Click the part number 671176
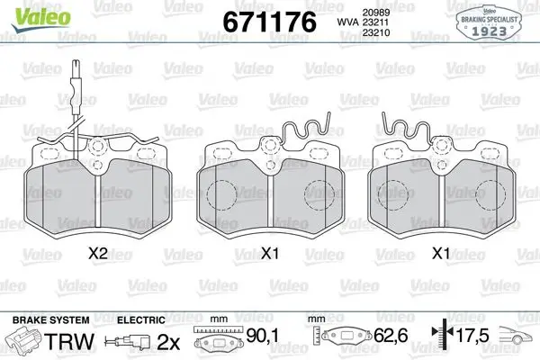pyautogui.click(x=269, y=22)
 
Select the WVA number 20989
pyautogui.click(x=375, y=13)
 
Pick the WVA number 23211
pyautogui.click(x=375, y=22)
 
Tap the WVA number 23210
pyautogui.click(x=375, y=32)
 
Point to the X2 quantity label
pyautogui.click(x=98, y=254)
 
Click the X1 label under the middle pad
pyautogui.click(x=269, y=254)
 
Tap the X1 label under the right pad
pyautogui.click(x=441, y=254)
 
